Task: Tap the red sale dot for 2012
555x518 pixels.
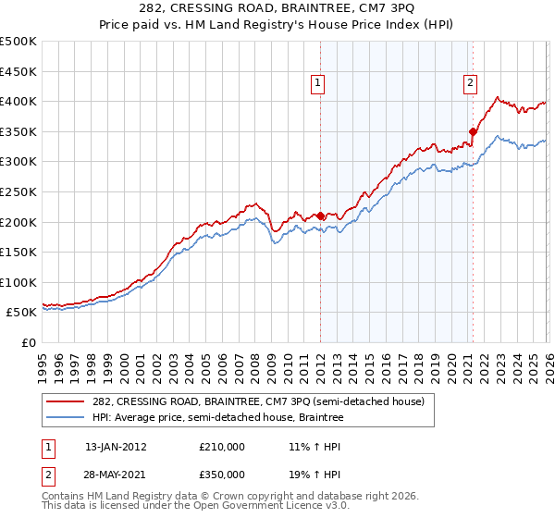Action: pyautogui.click(x=320, y=216)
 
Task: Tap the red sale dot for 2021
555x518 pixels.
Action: pyautogui.click(x=473, y=131)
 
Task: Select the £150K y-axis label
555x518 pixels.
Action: pyautogui.click(x=18, y=252)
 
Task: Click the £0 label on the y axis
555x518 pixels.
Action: pyautogui.click(x=29, y=342)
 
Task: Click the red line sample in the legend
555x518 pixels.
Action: pyautogui.click(x=66, y=401)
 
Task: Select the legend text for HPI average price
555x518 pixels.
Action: pyautogui.click(x=218, y=418)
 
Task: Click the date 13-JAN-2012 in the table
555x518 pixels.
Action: pyautogui.click(x=116, y=447)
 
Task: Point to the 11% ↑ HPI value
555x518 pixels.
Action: pyautogui.click(x=314, y=447)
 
